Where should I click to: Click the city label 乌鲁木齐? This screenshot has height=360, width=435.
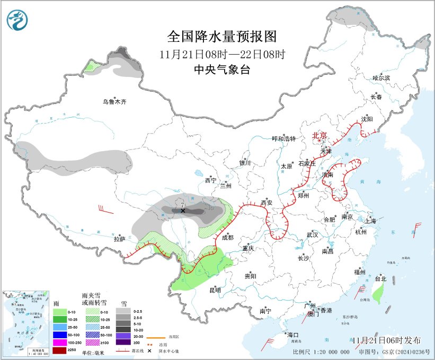click(x=115, y=101)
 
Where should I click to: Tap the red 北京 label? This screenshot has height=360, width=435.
click(x=320, y=135)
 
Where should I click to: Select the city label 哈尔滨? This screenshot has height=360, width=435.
click(x=381, y=78)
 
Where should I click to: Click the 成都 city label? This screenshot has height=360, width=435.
click(x=228, y=237)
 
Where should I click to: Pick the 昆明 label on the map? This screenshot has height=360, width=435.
click(x=215, y=289)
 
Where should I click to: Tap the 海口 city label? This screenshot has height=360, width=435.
click(x=293, y=335)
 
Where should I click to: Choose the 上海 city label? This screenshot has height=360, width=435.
click(x=370, y=221)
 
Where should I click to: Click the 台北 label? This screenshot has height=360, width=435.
click(x=380, y=278)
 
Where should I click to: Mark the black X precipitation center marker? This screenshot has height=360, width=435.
click(x=183, y=210)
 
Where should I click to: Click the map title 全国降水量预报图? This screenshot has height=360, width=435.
click(x=222, y=37)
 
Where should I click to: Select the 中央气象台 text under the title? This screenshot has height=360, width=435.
click(x=222, y=69)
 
